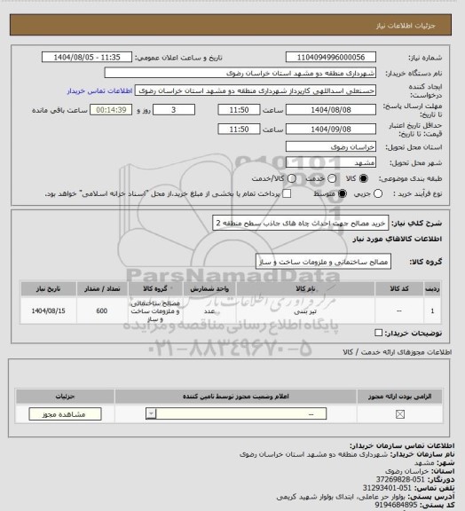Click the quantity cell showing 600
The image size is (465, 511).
point(102,311)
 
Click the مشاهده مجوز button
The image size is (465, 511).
point(59,414)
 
